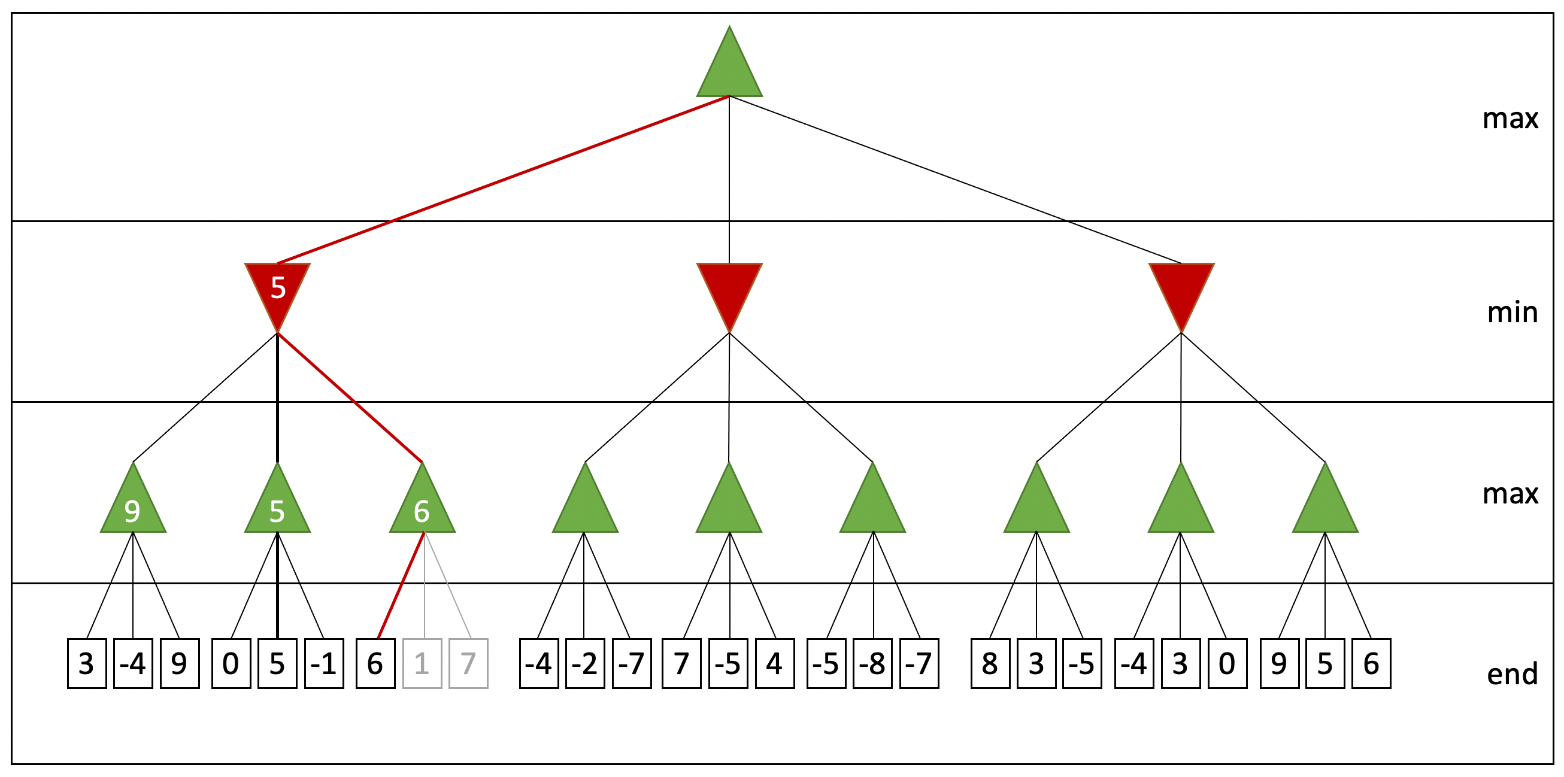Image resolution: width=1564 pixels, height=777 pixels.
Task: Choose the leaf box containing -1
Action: click(x=324, y=663)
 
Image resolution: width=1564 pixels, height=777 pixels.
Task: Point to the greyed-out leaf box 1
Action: click(x=422, y=663)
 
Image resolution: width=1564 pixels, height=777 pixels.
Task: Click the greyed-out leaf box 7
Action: click(x=468, y=663)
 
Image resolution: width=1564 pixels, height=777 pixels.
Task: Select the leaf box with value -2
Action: click(x=585, y=663)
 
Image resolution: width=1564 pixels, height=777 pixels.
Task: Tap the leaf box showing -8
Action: click(x=872, y=663)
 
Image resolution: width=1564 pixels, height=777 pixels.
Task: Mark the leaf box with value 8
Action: click(x=990, y=663)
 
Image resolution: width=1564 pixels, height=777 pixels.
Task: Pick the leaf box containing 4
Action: click(x=775, y=663)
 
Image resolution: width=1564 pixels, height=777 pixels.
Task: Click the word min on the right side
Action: click(x=1513, y=312)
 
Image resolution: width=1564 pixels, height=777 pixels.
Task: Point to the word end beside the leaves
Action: click(x=1513, y=674)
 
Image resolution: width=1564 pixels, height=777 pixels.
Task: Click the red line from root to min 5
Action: click(x=504, y=180)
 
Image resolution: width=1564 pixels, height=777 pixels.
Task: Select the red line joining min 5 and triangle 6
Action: click(x=350, y=397)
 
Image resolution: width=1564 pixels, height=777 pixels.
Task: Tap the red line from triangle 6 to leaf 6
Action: click(x=401, y=585)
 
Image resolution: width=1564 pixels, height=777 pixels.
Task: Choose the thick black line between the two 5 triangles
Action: click(x=277, y=397)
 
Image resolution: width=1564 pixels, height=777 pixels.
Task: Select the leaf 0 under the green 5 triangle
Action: click(x=231, y=663)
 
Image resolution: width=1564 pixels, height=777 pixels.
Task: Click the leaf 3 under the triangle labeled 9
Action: click(x=87, y=663)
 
